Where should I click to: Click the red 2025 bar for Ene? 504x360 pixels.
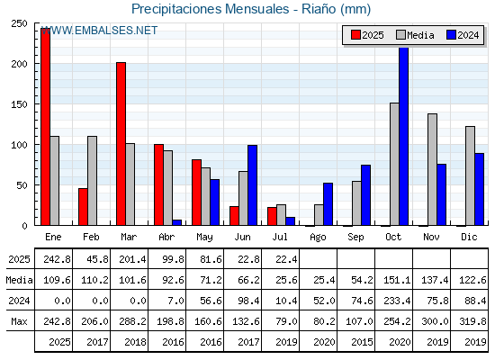click(45, 127)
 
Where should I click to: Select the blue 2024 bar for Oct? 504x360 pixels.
click(404, 136)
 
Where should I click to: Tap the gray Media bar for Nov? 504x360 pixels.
click(432, 169)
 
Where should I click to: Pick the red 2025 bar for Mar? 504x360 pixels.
click(121, 144)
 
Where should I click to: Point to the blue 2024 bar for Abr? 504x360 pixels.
click(176, 222)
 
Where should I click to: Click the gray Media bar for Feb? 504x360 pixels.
click(92, 181)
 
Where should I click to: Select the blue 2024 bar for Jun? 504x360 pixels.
click(252, 185)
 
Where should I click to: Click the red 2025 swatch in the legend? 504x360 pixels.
click(355, 35)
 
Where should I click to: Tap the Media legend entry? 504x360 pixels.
click(415, 35)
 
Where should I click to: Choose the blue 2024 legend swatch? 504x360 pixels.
click(451, 35)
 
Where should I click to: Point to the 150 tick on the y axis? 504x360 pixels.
click(19, 104)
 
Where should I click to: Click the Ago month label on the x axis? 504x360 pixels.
click(318, 238)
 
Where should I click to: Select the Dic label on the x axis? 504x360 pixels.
click(469, 237)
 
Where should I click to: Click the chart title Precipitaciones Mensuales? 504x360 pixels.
click(211, 9)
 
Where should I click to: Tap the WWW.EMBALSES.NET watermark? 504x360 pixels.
click(99, 31)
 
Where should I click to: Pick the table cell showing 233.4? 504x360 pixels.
click(397, 301)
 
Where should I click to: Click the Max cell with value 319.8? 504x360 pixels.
click(472, 321)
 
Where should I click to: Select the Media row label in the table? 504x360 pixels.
click(19, 280)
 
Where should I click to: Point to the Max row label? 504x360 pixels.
click(19, 321)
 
